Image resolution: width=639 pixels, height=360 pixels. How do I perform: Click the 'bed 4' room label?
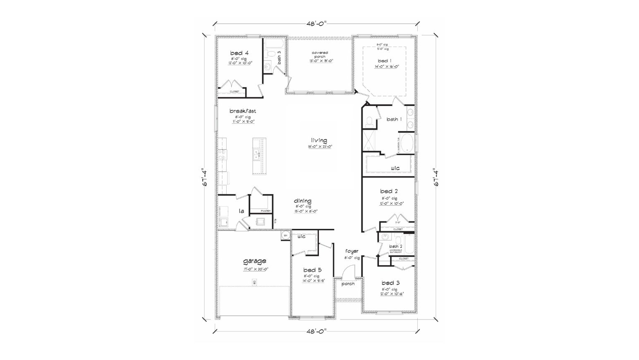[239, 53]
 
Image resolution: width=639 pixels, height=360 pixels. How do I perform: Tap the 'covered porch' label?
[320, 55]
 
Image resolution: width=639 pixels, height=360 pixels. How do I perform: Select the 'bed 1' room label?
[382, 61]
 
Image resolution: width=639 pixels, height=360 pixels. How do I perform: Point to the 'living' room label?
[319, 140]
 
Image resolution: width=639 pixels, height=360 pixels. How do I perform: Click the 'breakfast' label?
[243, 111]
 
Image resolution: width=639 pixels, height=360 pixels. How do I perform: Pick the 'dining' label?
[303, 201]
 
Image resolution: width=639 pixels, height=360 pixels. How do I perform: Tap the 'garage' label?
[254, 261]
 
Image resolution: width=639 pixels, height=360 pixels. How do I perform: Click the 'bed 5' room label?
[312, 270]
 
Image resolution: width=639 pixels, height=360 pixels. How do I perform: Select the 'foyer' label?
[352, 251]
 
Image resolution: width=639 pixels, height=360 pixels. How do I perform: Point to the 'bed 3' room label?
[390, 283]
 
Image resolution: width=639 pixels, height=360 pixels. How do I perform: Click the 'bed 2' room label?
[389, 191]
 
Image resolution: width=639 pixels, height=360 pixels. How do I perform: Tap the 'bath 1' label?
[394, 119]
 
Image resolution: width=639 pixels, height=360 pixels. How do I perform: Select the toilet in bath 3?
[271, 53]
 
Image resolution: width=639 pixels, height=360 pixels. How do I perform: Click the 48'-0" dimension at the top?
[317, 24]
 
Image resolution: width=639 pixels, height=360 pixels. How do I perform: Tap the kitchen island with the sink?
[260, 156]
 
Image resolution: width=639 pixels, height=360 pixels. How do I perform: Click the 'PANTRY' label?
[266, 211]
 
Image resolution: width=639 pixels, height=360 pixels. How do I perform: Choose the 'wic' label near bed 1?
[395, 168]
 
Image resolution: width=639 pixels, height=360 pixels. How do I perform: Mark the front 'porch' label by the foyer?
[348, 284]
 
